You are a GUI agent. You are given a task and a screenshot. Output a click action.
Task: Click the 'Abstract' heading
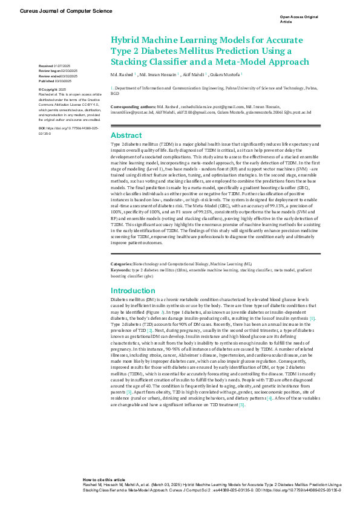click(x=126, y=135)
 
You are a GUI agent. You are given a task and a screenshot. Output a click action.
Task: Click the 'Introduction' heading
click(x=133, y=291)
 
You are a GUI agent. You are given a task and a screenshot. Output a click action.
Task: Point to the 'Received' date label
click(x=45, y=65)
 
